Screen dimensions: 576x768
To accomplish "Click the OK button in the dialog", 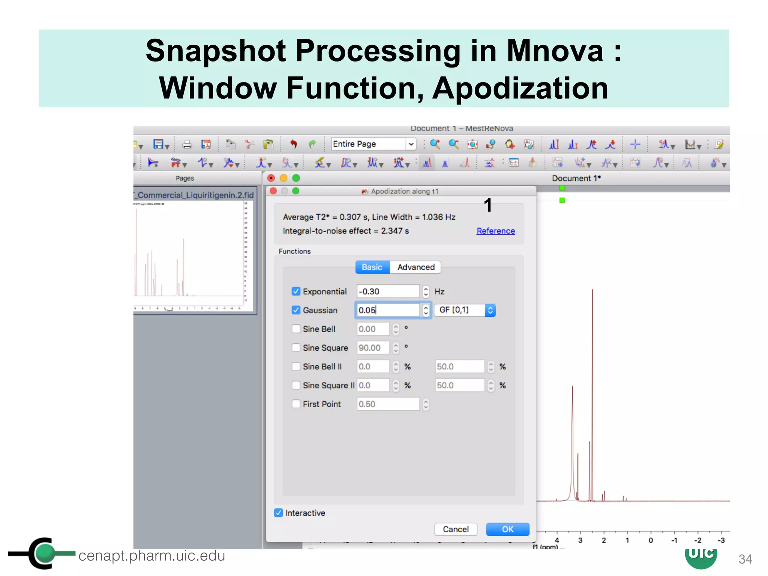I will tap(507, 529).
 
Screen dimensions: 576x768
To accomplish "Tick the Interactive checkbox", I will tap(279, 513).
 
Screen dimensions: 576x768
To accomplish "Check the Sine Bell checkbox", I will tap(296, 329).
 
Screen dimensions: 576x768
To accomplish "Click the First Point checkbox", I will tap(296, 404).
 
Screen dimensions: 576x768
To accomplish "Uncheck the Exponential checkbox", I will tap(296, 291).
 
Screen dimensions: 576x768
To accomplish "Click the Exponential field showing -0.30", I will tap(387, 291).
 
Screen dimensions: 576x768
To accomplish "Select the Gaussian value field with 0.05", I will tap(387, 310).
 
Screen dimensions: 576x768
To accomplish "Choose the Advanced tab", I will tap(415, 267).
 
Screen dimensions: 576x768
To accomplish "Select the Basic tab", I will tap(372, 267).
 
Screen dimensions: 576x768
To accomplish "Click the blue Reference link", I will tap(495, 231).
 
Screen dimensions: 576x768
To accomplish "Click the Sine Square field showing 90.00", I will tap(373, 348).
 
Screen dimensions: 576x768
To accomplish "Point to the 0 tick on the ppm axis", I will tap(651, 540).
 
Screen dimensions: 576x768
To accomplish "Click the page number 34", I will tap(745, 559).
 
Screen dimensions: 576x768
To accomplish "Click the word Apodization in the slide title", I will tap(520, 88).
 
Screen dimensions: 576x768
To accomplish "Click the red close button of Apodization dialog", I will tap(273, 191).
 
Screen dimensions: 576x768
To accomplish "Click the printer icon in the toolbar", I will tap(187, 144).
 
